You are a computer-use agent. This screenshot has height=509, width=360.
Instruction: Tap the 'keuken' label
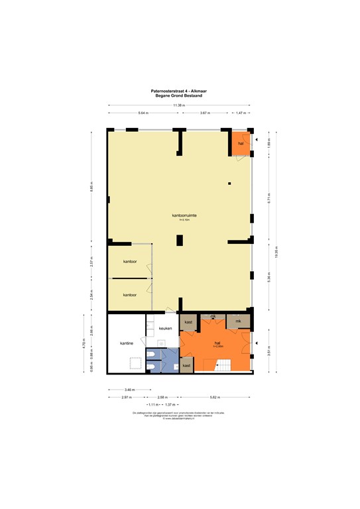tap(166, 328)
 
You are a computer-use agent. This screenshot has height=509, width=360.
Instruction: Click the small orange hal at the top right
tap(241, 142)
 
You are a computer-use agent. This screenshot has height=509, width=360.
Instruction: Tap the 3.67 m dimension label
tap(205, 113)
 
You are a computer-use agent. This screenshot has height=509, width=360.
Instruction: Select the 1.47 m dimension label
tap(240, 113)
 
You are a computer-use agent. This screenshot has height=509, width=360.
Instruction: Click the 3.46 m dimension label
tap(129, 390)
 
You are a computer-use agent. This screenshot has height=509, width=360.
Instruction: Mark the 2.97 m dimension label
tap(125, 397)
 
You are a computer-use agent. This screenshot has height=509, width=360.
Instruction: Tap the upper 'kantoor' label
tap(130, 262)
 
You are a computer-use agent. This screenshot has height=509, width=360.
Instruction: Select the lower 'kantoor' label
tap(130, 294)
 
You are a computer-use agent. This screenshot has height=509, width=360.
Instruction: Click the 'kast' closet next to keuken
tap(188, 322)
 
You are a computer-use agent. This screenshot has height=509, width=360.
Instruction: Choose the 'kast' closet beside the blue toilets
tap(186, 365)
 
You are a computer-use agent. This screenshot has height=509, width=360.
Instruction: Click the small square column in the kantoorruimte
tap(229, 183)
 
